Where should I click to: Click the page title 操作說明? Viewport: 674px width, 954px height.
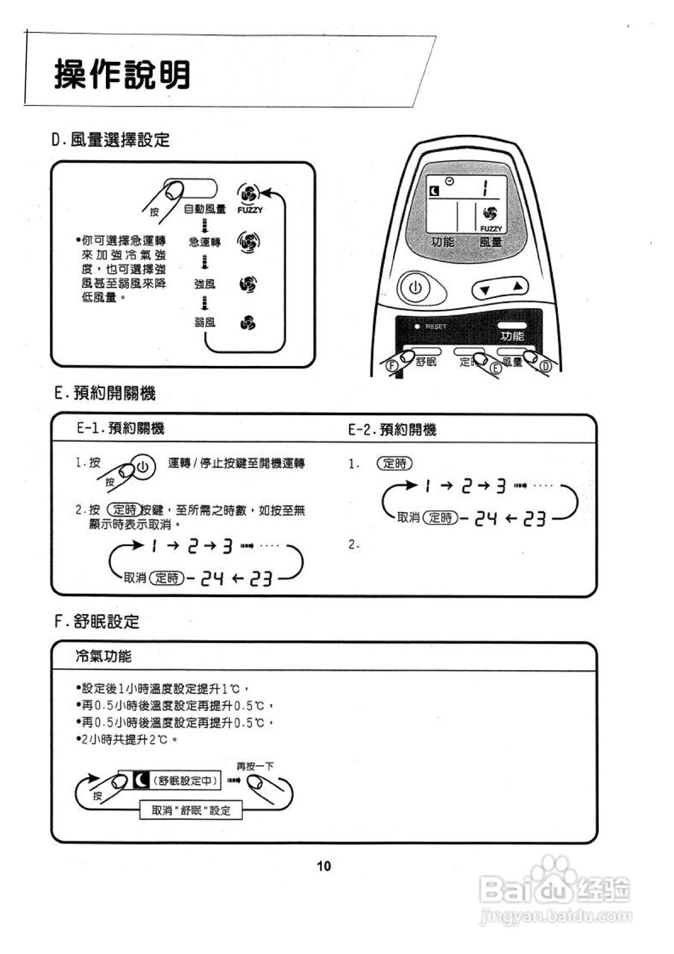coord(122,75)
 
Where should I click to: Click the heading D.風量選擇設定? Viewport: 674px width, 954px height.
coord(110,139)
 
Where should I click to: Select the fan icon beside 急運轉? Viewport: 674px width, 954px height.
coord(248,242)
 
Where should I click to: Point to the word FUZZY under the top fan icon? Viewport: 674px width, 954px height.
coord(250,211)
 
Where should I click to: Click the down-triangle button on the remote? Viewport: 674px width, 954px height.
coord(485,289)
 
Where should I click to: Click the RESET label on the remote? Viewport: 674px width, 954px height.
coord(434,326)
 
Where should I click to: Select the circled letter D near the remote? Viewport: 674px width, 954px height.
coord(545,367)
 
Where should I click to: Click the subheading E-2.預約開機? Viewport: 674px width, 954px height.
coord(392,430)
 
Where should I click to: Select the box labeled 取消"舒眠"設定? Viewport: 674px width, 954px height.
coord(192,810)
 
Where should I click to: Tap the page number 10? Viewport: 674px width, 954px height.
coord(324,866)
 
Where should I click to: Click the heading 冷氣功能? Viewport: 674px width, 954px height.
coord(104,657)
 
